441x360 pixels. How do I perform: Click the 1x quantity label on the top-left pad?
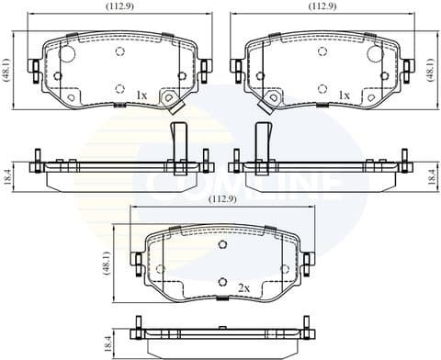point(141,95)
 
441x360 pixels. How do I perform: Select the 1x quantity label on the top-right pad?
point(343,95)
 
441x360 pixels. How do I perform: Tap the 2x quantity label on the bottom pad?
point(243,287)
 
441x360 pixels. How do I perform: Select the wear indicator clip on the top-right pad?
point(271,101)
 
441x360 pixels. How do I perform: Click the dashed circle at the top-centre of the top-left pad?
point(119,51)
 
